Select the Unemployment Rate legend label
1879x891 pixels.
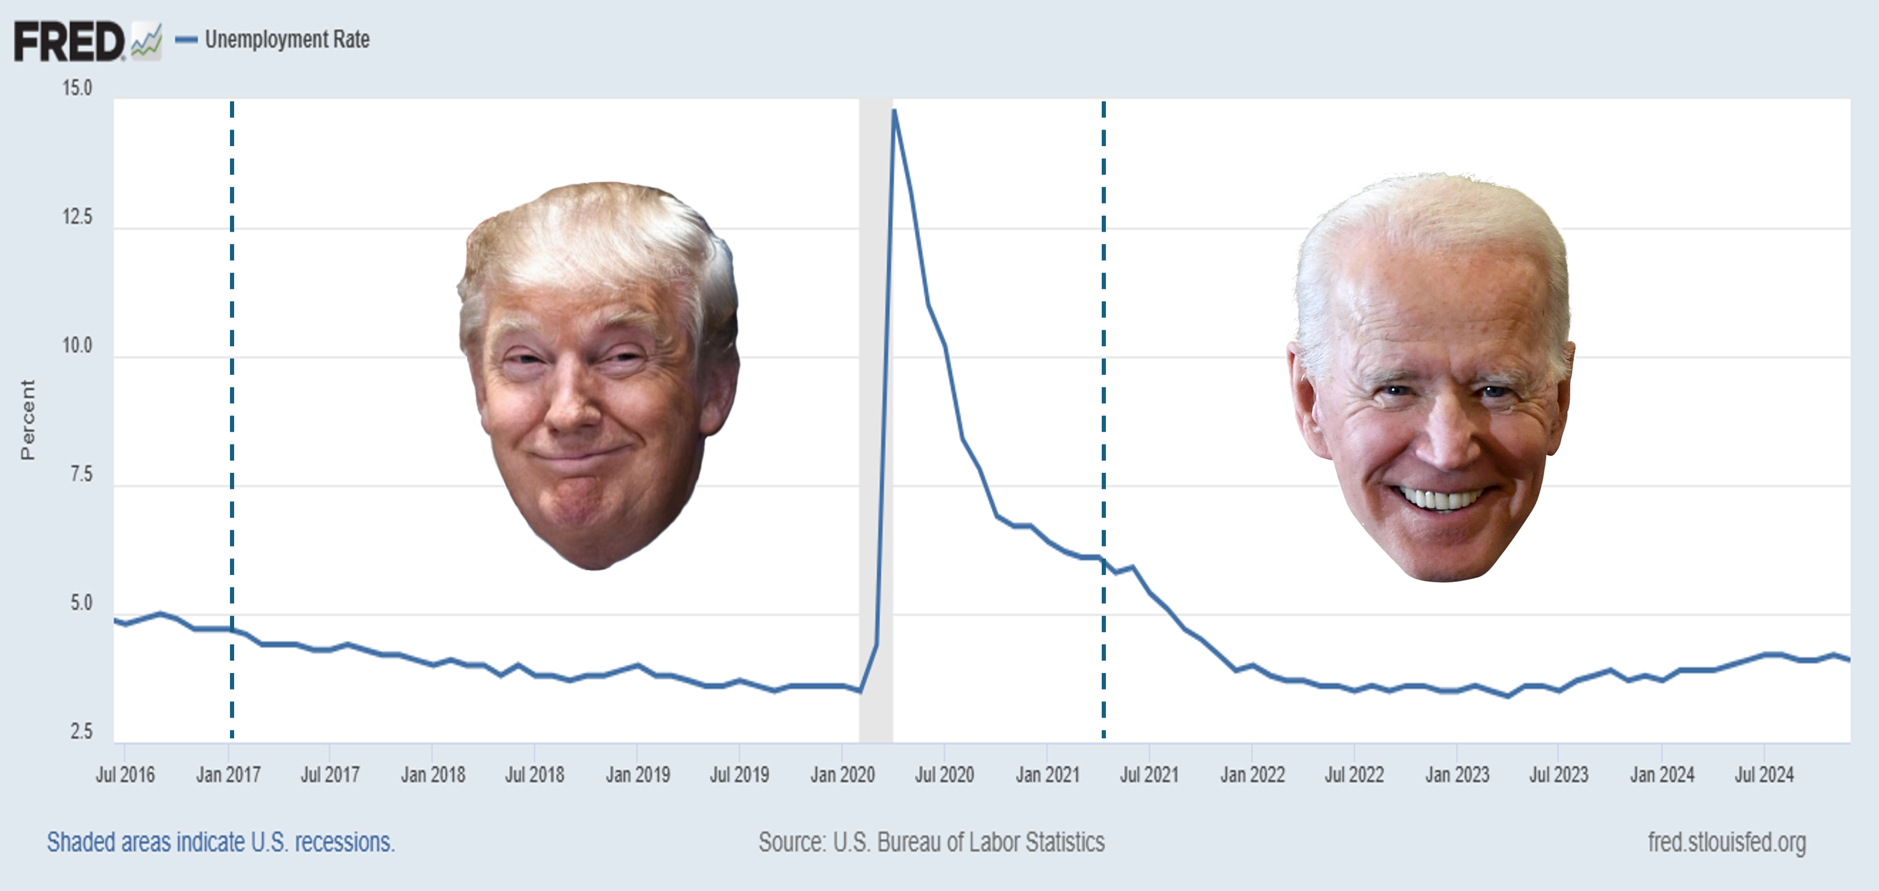(286, 39)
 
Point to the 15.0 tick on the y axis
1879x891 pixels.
(77, 89)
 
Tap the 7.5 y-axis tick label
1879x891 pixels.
(81, 475)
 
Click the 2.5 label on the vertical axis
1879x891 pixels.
(81, 731)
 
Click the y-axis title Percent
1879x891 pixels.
(27, 419)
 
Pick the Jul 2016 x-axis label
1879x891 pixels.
(125, 775)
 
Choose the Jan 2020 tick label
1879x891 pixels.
(843, 775)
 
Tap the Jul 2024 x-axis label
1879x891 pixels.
(1764, 775)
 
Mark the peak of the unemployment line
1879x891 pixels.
(894, 111)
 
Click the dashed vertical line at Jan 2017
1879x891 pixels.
(232, 365)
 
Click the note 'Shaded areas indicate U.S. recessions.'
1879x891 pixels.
(220, 842)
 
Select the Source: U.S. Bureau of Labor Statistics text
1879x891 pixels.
(931, 842)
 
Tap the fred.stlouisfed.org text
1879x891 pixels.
(1726, 842)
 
